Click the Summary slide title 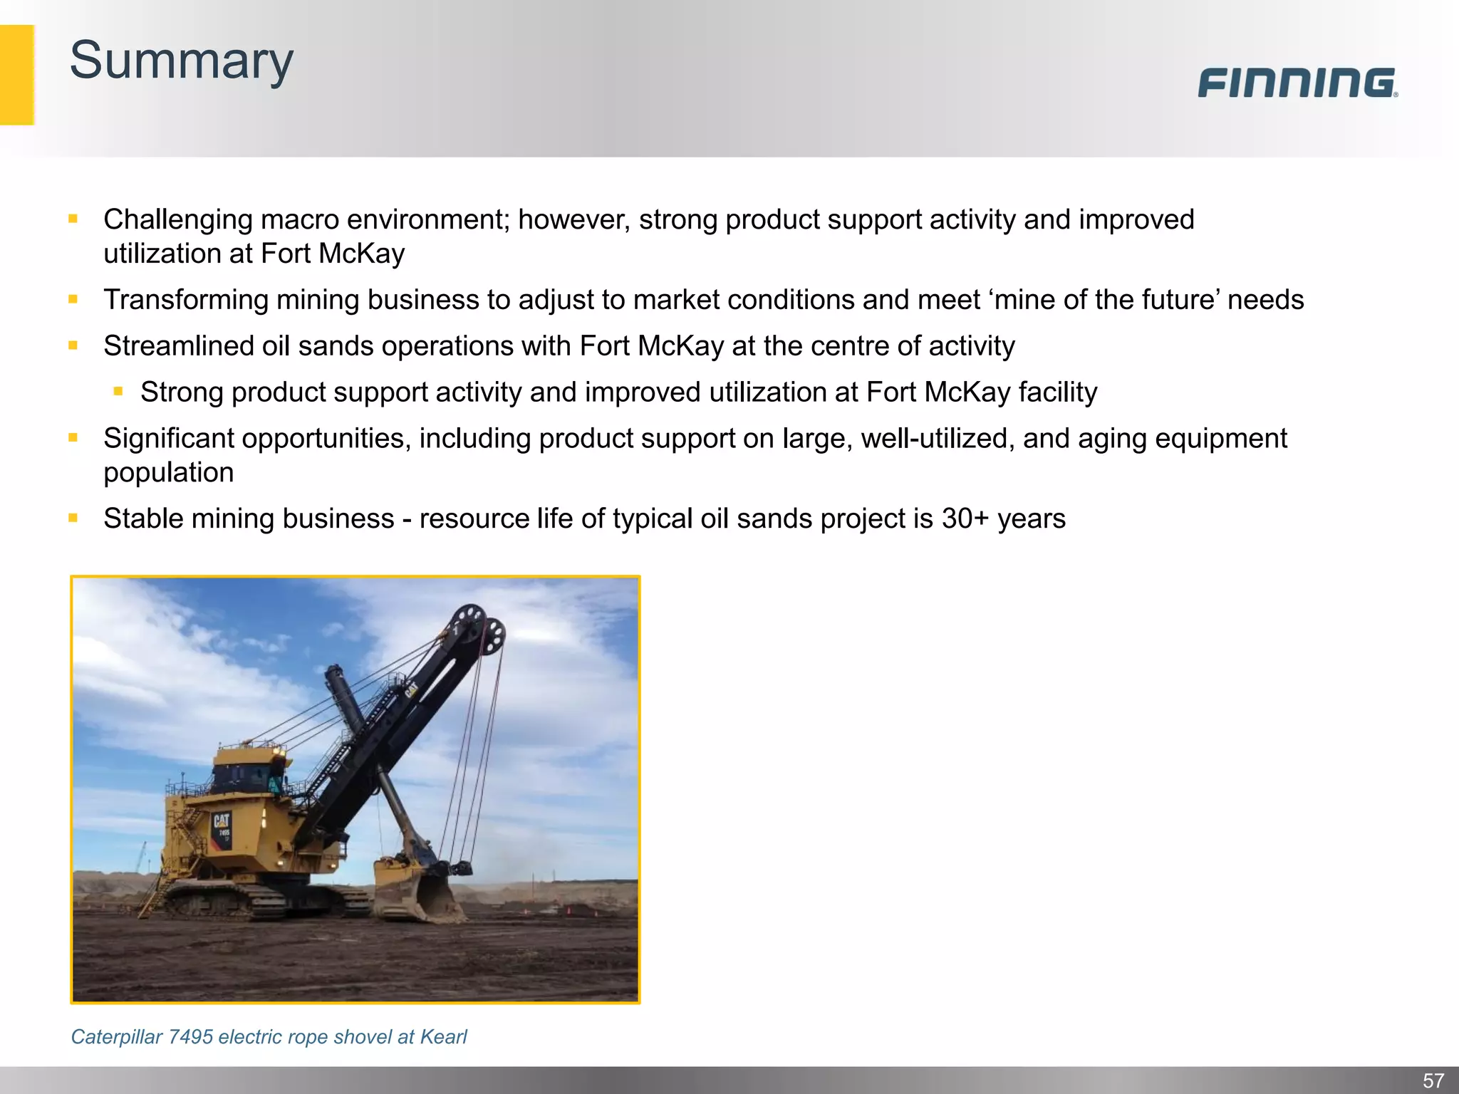pyautogui.click(x=181, y=61)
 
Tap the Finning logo pyautogui.click(x=1297, y=83)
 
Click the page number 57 pyautogui.click(x=1433, y=1080)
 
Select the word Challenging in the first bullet pyautogui.click(x=177, y=220)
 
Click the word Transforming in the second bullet pyautogui.click(x=185, y=300)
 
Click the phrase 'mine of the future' pyautogui.click(x=1104, y=300)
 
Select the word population pyautogui.click(x=168, y=473)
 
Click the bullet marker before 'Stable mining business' pyautogui.click(x=73, y=518)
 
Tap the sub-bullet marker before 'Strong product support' pyautogui.click(x=118, y=391)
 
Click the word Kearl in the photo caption pyautogui.click(x=443, y=1037)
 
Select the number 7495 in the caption pyautogui.click(x=190, y=1037)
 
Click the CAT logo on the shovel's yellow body pyautogui.click(x=222, y=820)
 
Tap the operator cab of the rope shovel pyautogui.click(x=246, y=773)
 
